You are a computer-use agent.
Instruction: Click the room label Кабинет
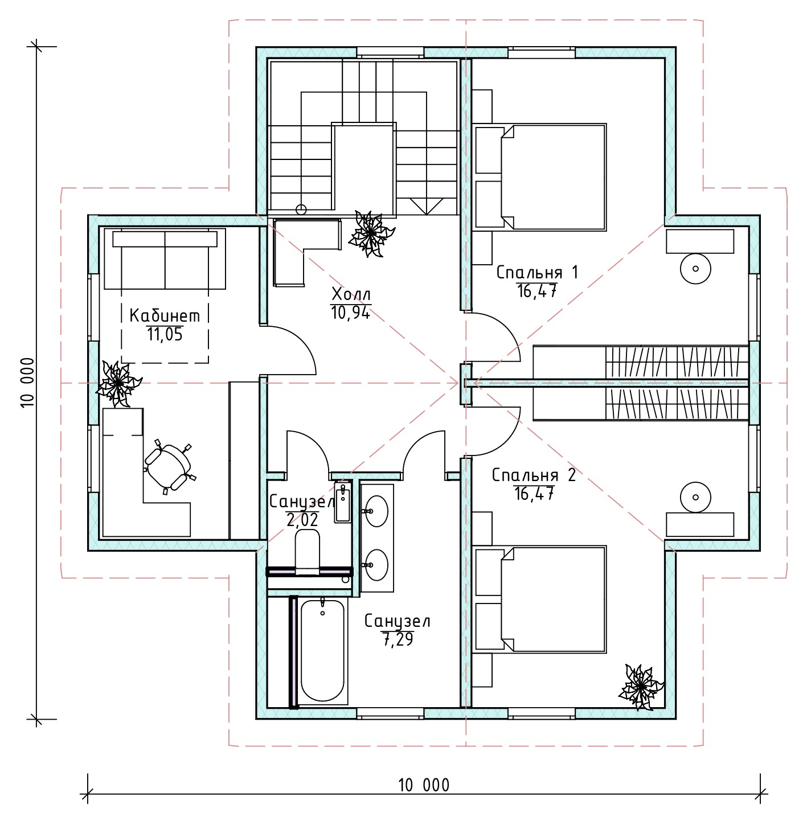(165, 316)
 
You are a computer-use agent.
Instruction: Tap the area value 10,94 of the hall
(350, 313)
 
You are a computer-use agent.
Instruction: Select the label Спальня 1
(537, 272)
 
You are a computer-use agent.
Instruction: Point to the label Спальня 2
(534, 475)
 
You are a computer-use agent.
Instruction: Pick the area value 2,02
(302, 520)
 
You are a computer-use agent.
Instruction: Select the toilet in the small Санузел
(308, 552)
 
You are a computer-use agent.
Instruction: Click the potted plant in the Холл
(371, 233)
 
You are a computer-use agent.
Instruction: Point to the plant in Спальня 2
(641, 687)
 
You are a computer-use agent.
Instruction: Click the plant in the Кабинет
(118, 384)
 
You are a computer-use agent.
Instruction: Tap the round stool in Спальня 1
(695, 268)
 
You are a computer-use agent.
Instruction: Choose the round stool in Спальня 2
(695, 497)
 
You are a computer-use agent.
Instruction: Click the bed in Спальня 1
(554, 177)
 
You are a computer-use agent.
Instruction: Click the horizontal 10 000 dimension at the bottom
(424, 794)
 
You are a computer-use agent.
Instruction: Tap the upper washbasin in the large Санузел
(376, 511)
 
